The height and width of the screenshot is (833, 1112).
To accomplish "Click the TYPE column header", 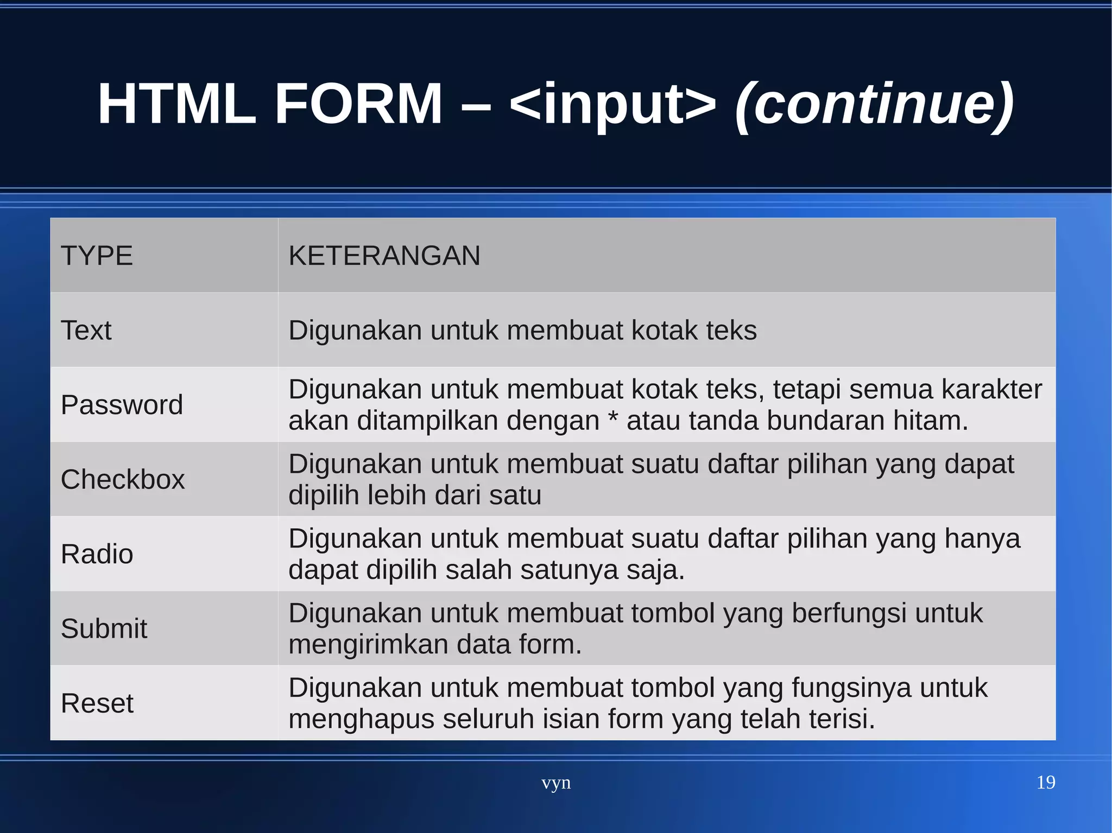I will click(x=97, y=256).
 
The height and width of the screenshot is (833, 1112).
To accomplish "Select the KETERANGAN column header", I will click(x=384, y=256).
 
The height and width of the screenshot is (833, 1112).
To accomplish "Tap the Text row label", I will click(x=86, y=330).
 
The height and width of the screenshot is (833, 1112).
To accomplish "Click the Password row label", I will click(x=122, y=405).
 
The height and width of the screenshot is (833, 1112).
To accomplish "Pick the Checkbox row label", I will click(x=123, y=480).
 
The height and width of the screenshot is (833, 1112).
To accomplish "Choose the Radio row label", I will click(x=97, y=554).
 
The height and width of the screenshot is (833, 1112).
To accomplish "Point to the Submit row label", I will click(x=104, y=628).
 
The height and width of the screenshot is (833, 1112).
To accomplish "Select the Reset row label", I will click(x=97, y=703).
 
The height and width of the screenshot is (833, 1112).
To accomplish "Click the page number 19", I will click(x=1045, y=783).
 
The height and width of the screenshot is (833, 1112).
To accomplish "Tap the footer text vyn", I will click(x=556, y=783).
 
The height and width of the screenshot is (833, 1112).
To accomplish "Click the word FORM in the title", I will click(x=358, y=104).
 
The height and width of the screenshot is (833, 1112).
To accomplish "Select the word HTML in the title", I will click(x=176, y=104).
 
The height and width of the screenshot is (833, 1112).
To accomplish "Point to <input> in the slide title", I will click(x=613, y=104).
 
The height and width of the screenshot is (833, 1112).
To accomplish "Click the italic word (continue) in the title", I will click(x=874, y=104).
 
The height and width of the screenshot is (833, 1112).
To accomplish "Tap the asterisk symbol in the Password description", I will click(x=613, y=418).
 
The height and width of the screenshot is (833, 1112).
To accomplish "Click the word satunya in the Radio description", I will click(x=568, y=570).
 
